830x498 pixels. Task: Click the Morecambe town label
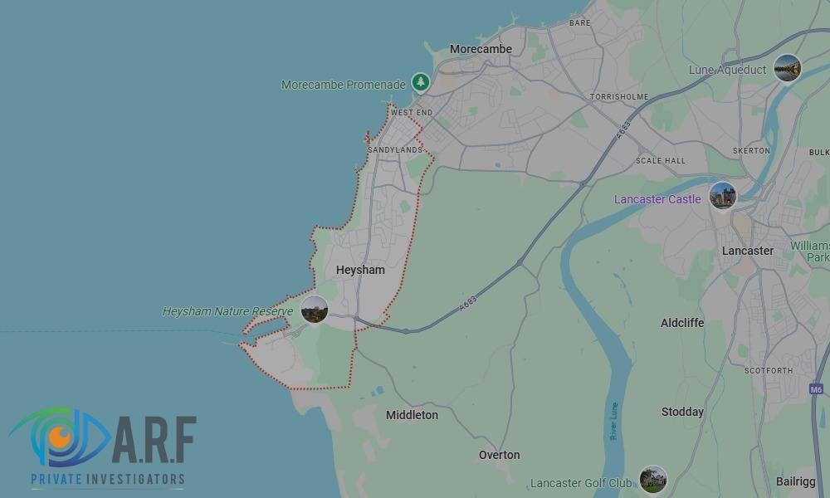pyautogui.click(x=481, y=49)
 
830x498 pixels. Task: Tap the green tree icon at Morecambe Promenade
pyautogui.click(x=422, y=82)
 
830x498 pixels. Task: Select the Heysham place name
pyautogui.click(x=360, y=270)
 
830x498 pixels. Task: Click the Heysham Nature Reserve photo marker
pyautogui.click(x=315, y=310)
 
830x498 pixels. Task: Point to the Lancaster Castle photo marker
pyautogui.click(x=723, y=197)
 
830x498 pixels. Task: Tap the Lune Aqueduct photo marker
pyautogui.click(x=787, y=68)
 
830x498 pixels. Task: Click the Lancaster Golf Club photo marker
pyautogui.click(x=653, y=480)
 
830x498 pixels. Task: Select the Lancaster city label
pyautogui.click(x=747, y=251)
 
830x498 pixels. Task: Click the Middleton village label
pyautogui.click(x=412, y=415)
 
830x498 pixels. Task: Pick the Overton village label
pyautogui.click(x=499, y=455)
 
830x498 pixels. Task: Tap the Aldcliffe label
pyautogui.click(x=682, y=323)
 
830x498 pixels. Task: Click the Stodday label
pyautogui.click(x=682, y=412)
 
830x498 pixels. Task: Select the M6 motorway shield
pyautogui.click(x=817, y=388)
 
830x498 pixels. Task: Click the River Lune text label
pyautogui.click(x=614, y=421)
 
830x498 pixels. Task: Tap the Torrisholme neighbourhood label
pyautogui.click(x=618, y=97)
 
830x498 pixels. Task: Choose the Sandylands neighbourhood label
pyautogui.click(x=395, y=149)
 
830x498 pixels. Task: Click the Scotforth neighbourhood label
pyautogui.click(x=768, y=370)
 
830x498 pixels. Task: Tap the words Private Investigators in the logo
pyautogui.click(x=108, y=479)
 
